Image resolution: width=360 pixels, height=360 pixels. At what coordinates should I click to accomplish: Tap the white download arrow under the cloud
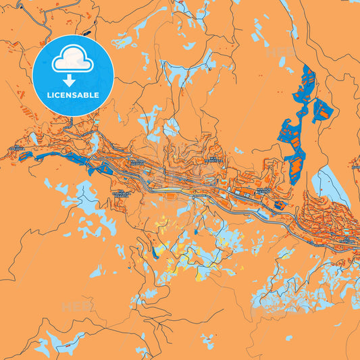73,80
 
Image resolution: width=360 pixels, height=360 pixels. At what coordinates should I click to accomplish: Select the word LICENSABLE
73,95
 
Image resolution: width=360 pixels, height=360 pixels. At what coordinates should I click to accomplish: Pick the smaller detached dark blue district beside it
322,109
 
